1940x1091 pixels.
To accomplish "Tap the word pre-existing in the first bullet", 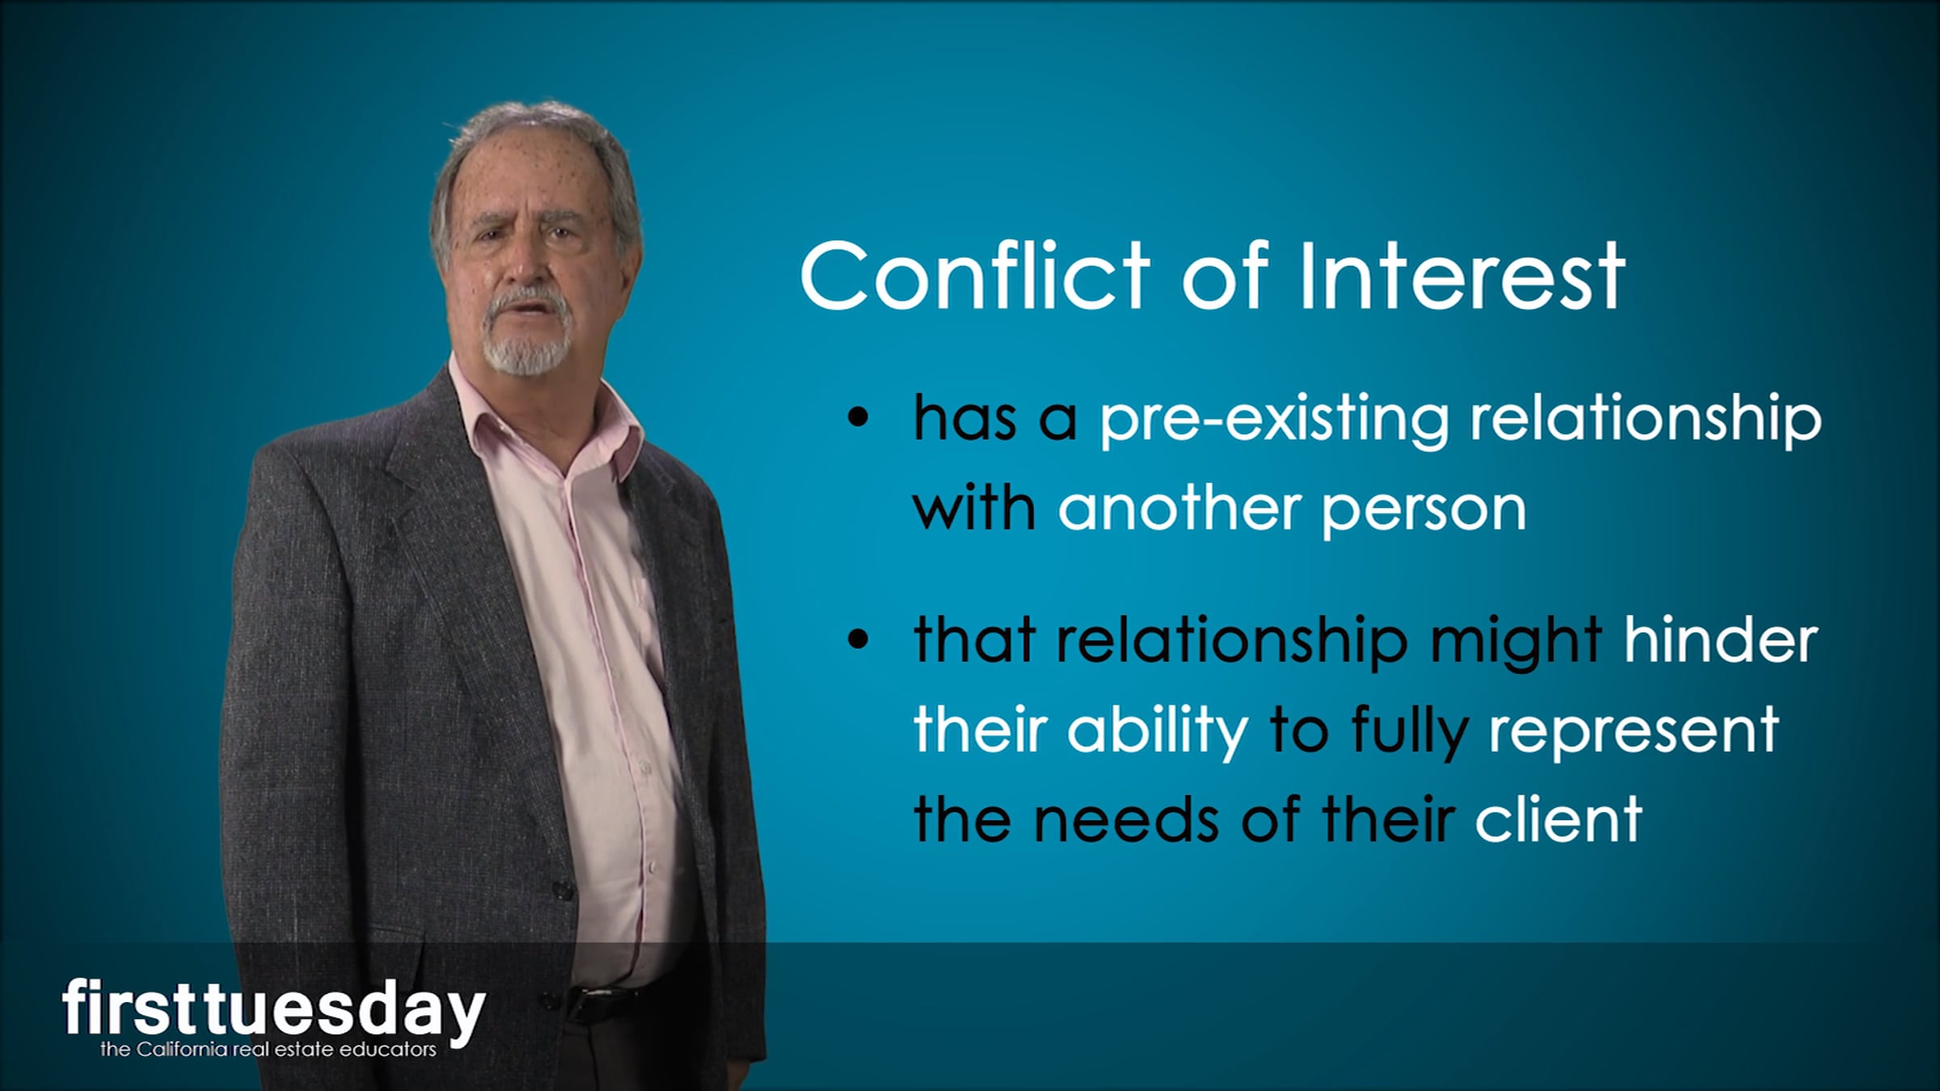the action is click(x=1274, y=420).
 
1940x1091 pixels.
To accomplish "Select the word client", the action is click(x=1558, y=818).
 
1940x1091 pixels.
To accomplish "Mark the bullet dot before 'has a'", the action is click(x=858, y=419).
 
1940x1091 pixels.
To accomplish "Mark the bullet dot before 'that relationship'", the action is click(x=858, y=638).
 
